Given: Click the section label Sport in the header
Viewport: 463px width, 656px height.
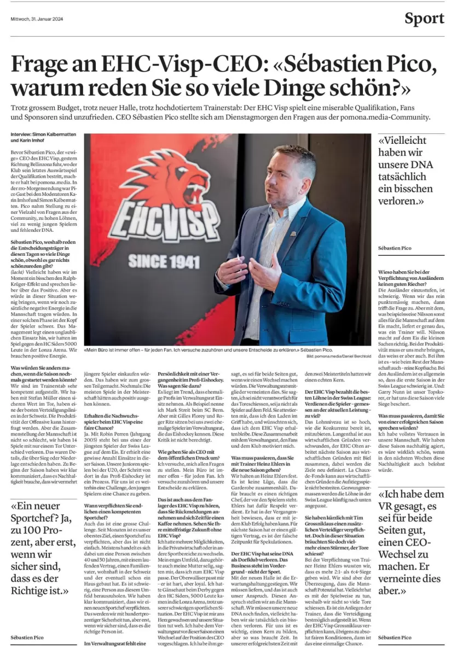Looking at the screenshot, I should click(x=424, y=19).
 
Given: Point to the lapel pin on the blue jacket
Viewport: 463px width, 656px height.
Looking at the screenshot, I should click(x=293, y=233).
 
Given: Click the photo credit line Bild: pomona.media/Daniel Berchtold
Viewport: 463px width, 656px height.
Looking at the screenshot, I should click(x=339, y=356).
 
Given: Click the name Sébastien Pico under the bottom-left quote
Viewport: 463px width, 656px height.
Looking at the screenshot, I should click(x=27, y=637).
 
